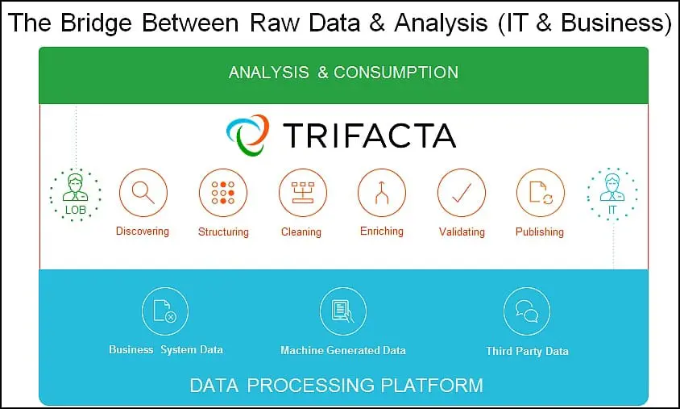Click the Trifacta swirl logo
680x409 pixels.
click(x=247, y=135)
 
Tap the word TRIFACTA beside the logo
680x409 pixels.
click(x=370, y=136)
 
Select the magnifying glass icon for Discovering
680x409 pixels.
click(x=143, y=192)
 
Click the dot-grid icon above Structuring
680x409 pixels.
click(x=223, y=192)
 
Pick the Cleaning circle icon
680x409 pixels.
click(x=302, y=192)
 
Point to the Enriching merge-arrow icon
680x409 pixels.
click(x=382, y=192)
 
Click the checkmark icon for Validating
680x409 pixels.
click(x=462, y=192)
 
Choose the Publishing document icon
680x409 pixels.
click(x=541, y=192)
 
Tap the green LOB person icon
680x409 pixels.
click(x=76, y=194)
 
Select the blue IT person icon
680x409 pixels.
click(x=612, y=194)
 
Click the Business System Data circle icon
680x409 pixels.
click(x=165, y=311)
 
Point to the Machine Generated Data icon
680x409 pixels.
click(x=343, y=311)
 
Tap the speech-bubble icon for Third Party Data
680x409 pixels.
click(x=527, y=311)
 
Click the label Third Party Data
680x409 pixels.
click(x=527, y=351)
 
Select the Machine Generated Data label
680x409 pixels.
click(x=343, y=350)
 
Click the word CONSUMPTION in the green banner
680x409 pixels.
click(x=396, y=73)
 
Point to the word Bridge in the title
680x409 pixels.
click(x=96, y=23)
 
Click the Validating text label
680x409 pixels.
click(x=462, y=232)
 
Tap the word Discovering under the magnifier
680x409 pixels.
click(x=143, y=232)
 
